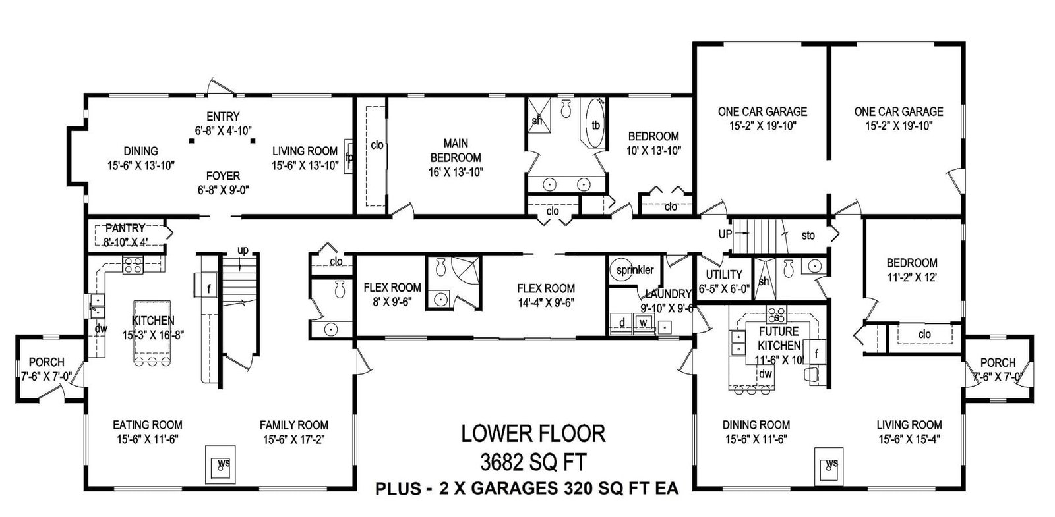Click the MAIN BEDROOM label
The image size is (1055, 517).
point(456,150)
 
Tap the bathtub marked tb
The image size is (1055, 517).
point(593,124)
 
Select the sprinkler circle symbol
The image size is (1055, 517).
point(621,269)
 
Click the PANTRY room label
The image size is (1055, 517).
point(125,228)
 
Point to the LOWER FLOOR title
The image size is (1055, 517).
point(533,434)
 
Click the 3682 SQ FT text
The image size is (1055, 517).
point(533,462)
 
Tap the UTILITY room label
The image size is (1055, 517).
point(724,274)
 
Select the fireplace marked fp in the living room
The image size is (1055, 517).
point(349,157)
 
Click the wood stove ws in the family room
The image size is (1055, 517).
point(220,464)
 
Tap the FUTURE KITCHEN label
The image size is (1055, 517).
point(779,339)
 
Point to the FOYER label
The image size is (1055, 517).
point(224,176)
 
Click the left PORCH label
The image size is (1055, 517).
point(47,362)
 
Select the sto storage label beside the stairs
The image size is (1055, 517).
point(808,235)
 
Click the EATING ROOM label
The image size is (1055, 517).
point(148,425)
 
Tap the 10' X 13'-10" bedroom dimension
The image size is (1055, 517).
point(653,151)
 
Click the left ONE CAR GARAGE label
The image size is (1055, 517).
point(762,111)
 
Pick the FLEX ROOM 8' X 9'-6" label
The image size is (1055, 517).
point(392,294)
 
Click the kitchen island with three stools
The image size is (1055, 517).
point(152,333)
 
